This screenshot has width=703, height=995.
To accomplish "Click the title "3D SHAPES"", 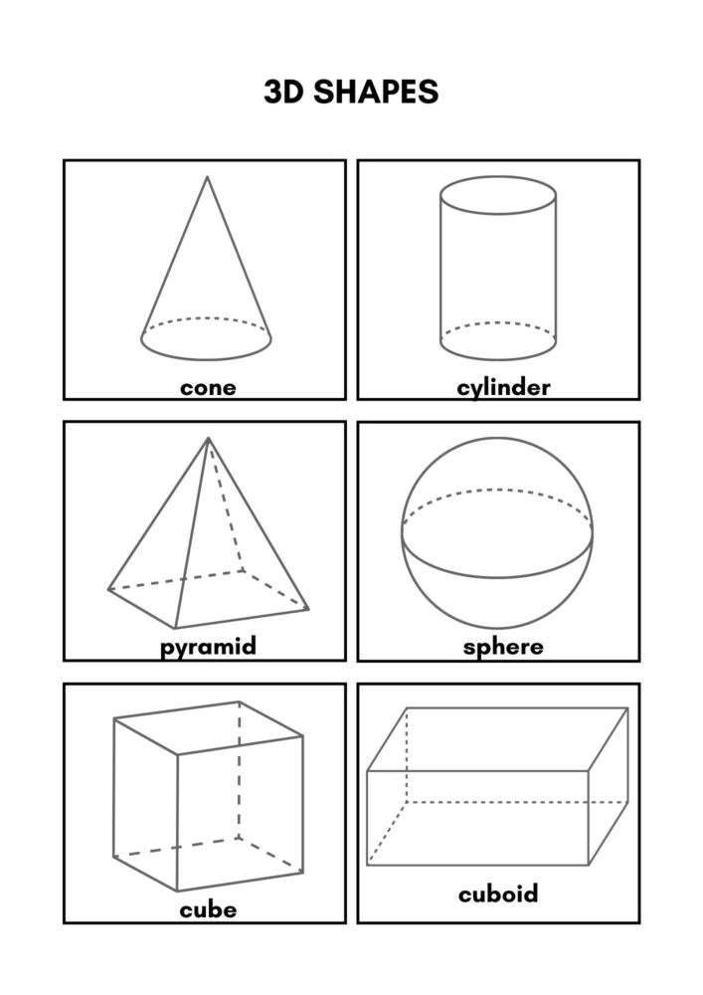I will tap(351, 92).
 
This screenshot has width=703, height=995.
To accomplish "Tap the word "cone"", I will tap(208, 387).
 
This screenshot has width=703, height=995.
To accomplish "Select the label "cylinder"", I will tap(503, 387).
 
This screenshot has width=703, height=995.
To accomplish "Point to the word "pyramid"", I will tap(208, 647).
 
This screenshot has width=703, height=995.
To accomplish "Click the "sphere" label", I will tap(503, 647).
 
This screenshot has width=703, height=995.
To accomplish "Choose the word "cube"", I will tap(208, 909).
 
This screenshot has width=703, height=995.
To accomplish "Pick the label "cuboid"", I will tap(498, 894).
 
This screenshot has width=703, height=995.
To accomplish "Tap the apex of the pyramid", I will tap(208, 438).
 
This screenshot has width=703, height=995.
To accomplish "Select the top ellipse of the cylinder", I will tap(498, 195).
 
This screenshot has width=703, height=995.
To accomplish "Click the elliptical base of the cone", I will tap(206, 339).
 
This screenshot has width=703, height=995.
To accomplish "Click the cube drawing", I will tap(208, 796).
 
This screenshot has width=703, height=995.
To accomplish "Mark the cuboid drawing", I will tap(497, 786).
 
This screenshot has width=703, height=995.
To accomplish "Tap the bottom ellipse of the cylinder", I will tap(498, 341).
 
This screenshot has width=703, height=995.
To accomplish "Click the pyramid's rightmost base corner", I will tap(308, 609).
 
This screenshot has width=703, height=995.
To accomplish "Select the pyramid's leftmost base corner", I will tap(108, 589).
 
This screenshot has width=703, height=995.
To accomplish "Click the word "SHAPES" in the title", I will tap(376, 92).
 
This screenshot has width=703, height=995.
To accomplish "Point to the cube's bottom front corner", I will tap(177, 891).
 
